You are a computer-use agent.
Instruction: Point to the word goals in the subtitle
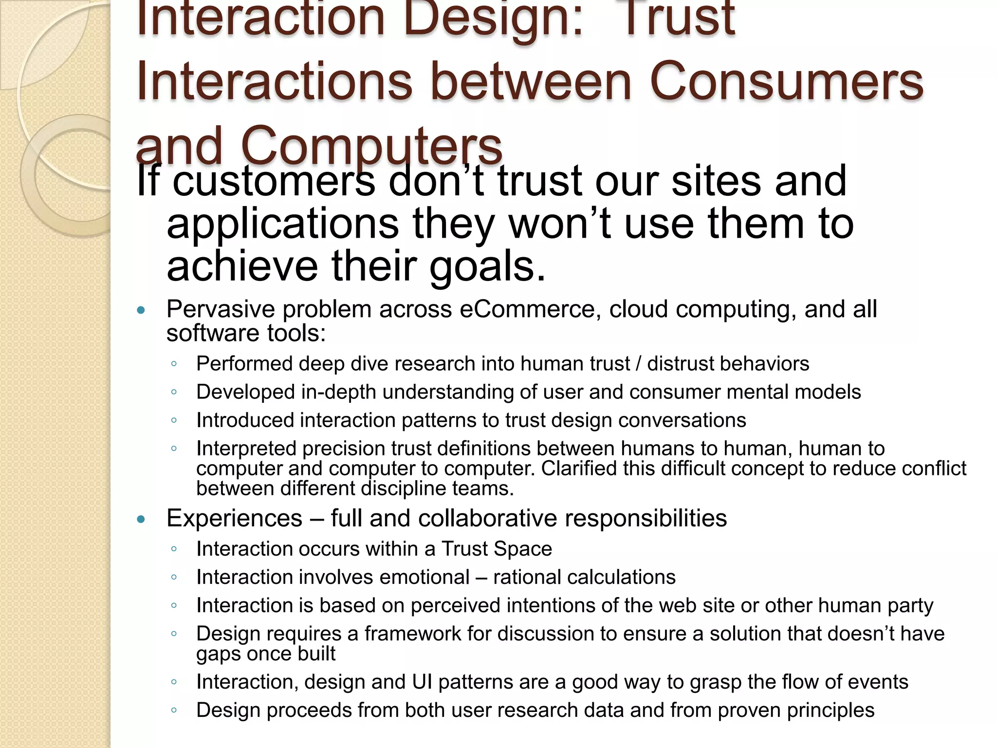487,267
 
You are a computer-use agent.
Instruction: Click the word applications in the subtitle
283,224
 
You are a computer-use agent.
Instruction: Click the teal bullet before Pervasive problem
141,310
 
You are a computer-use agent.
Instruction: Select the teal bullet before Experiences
141,519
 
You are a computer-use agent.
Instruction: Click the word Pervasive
221,309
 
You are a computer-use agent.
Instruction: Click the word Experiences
234,518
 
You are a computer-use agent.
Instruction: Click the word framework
413,634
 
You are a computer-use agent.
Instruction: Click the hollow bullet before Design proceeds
174,710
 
